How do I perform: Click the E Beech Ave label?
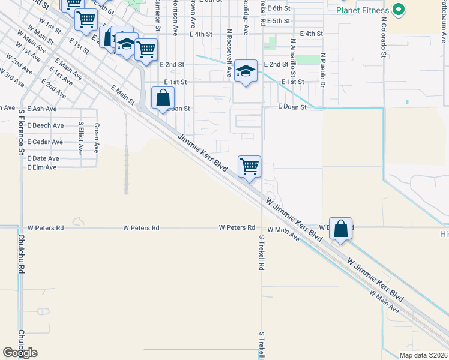pyautogui.click(x=45, y=125)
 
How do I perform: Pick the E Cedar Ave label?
pyautogui.click(x=45, y=142)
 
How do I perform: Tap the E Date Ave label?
pyautogui.click(x=43, y=158)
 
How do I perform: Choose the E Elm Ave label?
pyautogui.click(x=42, y=167)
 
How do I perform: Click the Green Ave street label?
pyautogui.click(x=96, y=137)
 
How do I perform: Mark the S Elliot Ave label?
pyautogui.click(x=80, y=139)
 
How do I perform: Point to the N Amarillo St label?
pyautogui.click(x=293, y=57)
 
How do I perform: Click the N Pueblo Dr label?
pyautogui.click(x=322, y=70)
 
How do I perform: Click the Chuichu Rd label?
pyautogui.click(x=20, y=254)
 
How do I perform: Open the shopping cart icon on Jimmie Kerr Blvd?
pyautogui.click(x=249, y=166)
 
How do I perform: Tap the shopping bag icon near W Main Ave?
pyautogui.click(x=340, y=229)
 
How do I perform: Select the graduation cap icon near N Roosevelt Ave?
pyautogui.click(x=246, y=71)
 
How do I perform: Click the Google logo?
pyautogui.click(x=20, y=353)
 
